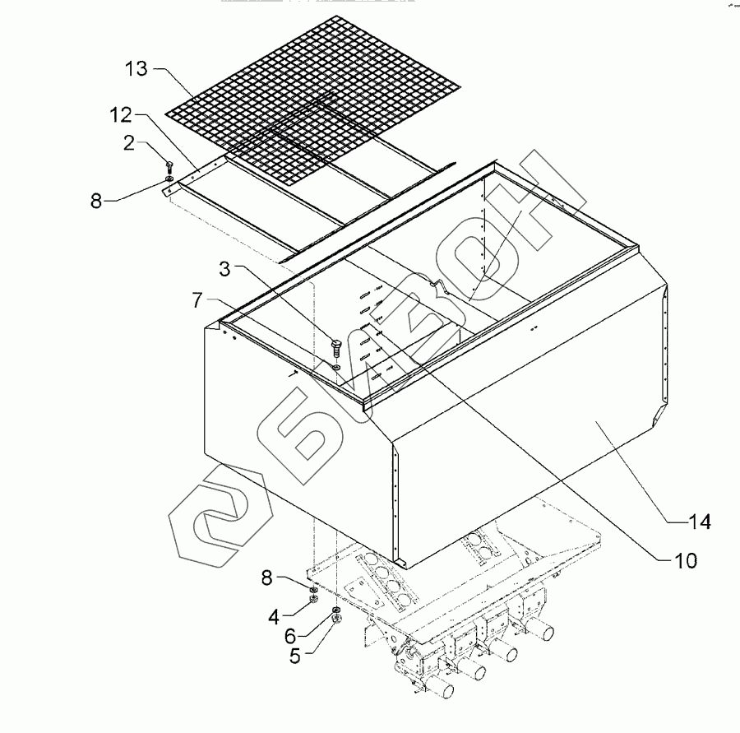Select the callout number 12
coord(122,114)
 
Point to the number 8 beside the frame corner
coord(98,200)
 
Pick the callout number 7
coord(197,301)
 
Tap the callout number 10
coord(684,561)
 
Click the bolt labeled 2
coord(169,166)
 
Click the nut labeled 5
coord(336,619)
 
